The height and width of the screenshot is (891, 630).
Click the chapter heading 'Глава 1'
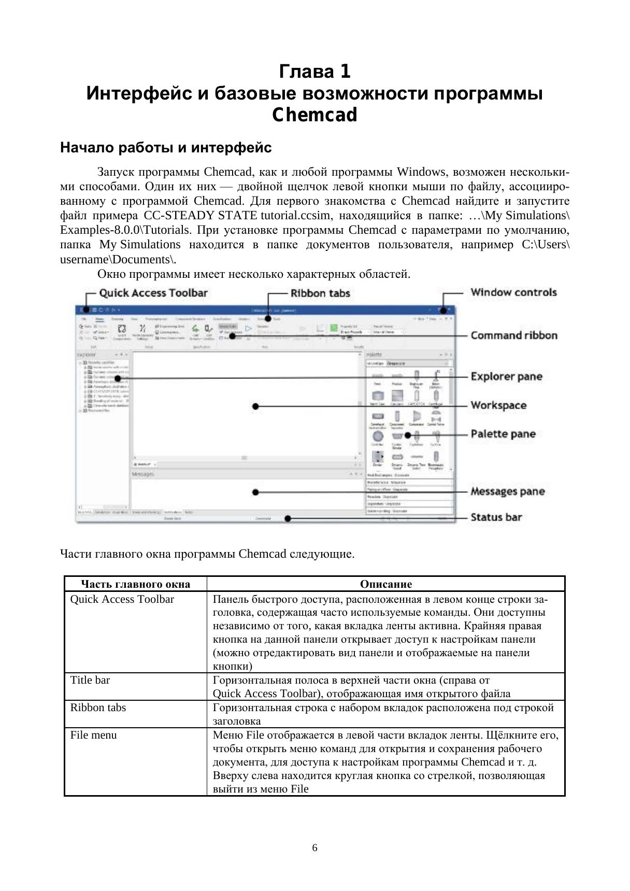(314, 72)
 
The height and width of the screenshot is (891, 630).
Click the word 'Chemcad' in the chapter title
(314, 115)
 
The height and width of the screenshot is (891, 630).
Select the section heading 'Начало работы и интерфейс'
(166, 148)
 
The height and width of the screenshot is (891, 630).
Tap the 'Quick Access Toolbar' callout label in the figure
(153, 293)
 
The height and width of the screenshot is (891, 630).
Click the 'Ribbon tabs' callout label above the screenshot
(320, 293)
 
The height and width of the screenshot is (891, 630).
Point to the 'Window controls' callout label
(513, 292)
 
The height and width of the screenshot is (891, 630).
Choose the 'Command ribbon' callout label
(513, 335)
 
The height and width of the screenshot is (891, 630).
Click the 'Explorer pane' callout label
(506, 377)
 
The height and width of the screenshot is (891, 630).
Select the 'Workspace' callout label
(498, 405)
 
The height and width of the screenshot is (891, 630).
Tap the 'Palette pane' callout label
(503, 434)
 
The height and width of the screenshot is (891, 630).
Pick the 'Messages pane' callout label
(507, 491)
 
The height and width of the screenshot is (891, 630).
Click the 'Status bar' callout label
(496, 517)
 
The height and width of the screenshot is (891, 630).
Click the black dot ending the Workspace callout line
(255, 406)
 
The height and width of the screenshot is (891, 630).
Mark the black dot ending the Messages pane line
(255, 492)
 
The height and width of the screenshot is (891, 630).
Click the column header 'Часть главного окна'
(136, 584)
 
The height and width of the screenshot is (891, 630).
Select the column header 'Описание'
(385, 584)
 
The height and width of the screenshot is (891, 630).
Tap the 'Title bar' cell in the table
(90, 680)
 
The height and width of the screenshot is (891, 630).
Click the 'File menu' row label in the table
(93, 735)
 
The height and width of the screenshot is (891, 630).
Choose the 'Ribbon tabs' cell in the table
(98, 708)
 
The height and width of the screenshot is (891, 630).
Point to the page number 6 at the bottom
(315, 848)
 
